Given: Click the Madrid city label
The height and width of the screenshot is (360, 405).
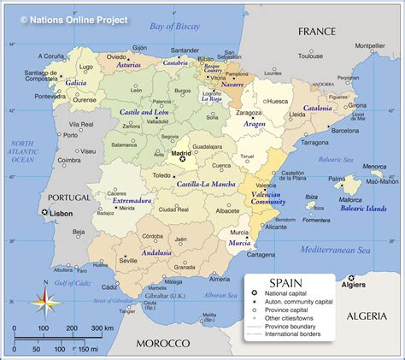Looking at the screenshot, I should coord(181,153).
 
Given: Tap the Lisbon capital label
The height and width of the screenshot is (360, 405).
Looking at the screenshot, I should coord(59,212).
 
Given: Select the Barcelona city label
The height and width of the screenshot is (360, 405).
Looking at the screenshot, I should coord(345,131).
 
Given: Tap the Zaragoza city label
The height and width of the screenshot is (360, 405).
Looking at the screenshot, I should coord(249,112).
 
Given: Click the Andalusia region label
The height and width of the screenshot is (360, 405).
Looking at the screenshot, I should coord(156,252).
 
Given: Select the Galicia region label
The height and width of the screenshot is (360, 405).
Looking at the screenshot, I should coord(76,83).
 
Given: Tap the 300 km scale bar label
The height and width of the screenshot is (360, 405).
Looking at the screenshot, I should coord(103,328).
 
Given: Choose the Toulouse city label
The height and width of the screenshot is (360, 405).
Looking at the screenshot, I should coord(310,56).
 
